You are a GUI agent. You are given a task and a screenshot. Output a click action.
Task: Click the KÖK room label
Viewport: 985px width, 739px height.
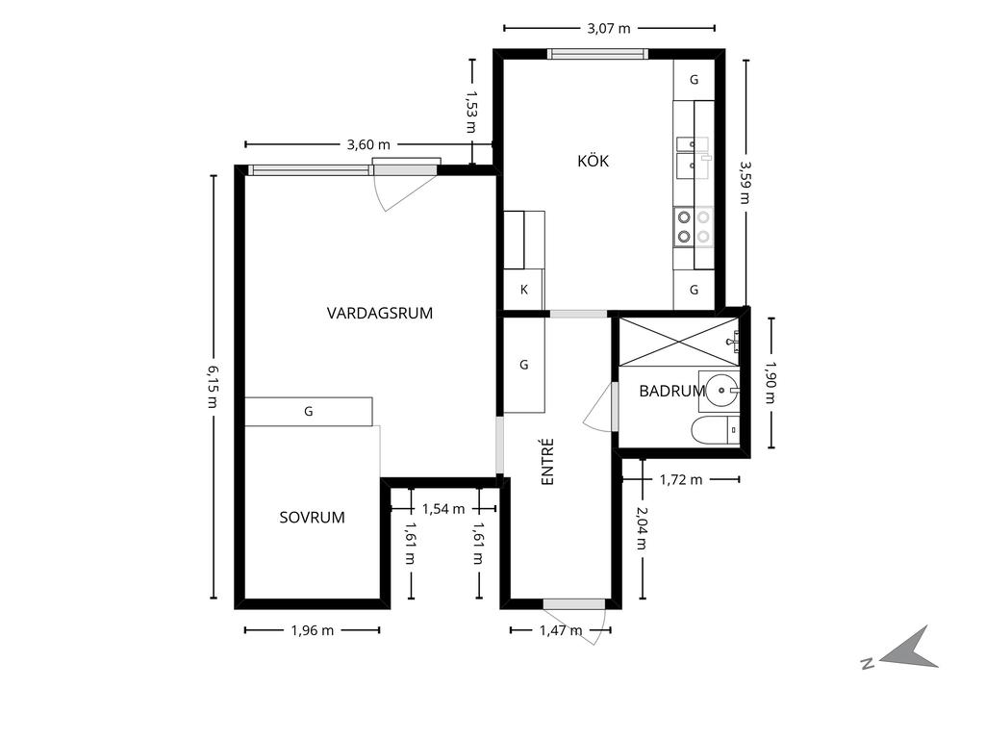(x=593, y=161)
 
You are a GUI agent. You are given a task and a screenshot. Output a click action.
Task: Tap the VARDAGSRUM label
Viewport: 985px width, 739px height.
(x=379, y=313)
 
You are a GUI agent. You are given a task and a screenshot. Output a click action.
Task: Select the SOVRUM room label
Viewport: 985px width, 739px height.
(x=313, y=517)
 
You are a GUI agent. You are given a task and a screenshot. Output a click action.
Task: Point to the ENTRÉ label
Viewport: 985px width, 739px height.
(x=547, y=462)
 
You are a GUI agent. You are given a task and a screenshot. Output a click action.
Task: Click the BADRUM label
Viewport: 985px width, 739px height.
(x=672, y=391)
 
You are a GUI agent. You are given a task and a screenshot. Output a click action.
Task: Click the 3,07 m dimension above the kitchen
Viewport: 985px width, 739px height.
(x=609, y=28)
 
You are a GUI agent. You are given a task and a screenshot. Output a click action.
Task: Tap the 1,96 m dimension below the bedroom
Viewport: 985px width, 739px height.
(x=313, y=630)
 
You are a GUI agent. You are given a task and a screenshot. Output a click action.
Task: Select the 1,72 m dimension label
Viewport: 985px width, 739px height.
(x=681, y=479)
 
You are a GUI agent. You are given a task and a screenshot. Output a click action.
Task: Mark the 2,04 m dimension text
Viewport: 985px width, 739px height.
(x=642, y=528)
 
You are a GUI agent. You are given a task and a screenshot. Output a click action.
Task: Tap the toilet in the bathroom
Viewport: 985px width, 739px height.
(x=716, y=430)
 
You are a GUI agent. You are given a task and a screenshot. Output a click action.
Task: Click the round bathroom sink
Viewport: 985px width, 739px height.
(x=721, y=391)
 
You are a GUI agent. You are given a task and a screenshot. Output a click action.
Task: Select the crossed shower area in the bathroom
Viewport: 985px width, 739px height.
(x=679, y=342)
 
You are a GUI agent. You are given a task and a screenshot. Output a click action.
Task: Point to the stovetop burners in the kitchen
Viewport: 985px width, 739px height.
(x=694, y=227)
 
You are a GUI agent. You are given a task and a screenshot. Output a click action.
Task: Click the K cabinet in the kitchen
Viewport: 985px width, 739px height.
(x=524, y=290)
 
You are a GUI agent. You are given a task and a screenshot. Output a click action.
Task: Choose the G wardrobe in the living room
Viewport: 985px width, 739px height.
(x=309, y=412)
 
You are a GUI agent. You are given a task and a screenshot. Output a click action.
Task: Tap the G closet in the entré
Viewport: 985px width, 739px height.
(x=524, y=365)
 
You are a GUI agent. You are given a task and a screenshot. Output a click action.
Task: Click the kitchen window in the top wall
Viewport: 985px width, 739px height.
(x=597, y=54)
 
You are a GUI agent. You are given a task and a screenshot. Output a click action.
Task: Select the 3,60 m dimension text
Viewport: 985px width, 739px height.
(x=368, y=144)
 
